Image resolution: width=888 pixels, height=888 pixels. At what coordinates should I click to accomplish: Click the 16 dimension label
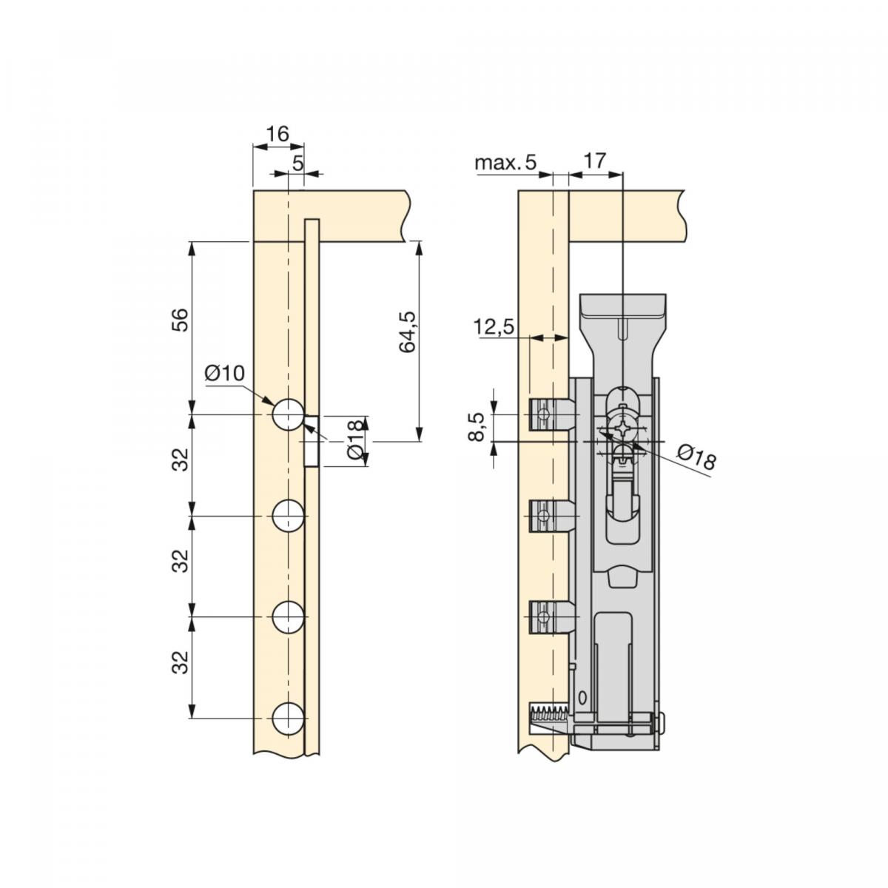278,134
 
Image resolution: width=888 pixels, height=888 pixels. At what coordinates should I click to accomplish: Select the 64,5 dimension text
407,332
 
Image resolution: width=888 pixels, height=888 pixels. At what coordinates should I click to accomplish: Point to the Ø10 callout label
225,373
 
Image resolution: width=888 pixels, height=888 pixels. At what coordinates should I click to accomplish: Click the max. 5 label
505,162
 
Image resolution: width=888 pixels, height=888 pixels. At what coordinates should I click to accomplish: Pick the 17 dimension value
594,161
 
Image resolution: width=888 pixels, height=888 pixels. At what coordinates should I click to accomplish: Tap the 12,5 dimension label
493,327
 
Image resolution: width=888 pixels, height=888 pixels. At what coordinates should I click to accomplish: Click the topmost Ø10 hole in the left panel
288,414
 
